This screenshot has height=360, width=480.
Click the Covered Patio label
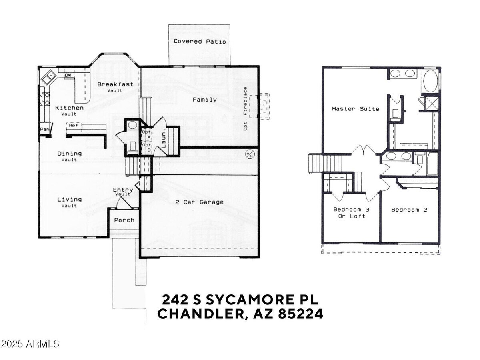coord(200,42)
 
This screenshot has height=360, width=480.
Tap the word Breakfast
coord(115,84)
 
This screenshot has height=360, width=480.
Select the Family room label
coord(204,100)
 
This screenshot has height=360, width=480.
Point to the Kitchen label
coord(70,108)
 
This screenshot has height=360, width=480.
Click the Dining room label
coord(70,154)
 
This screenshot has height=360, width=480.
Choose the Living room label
coord(70,200)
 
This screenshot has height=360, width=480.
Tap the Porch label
coord(124,220)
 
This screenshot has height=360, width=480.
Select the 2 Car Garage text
coord(199,202)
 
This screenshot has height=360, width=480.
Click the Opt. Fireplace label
coord(246,108)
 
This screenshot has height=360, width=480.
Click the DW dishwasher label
coord(68,75)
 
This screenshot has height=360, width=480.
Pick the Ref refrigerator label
coord(73,126)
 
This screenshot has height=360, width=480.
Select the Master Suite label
coord(356,109)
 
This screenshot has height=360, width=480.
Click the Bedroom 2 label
coord(409,210)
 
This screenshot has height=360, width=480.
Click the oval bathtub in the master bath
coord(431,81)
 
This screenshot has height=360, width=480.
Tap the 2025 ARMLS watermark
coord(30,344)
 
